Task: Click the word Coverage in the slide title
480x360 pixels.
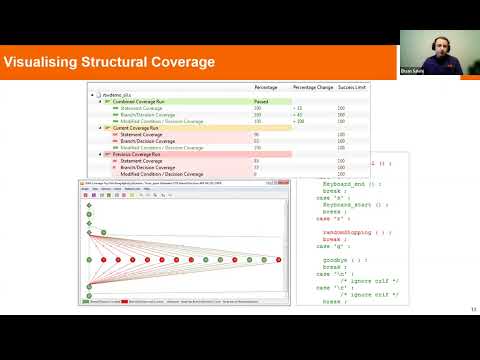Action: (176, 63)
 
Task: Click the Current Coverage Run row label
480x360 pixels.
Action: (139, 128)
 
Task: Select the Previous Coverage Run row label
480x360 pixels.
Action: (140, 154)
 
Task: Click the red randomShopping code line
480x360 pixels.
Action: (349, 231)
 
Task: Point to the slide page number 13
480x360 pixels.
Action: (471, 309)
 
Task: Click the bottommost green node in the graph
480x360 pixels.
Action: (89, 296)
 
